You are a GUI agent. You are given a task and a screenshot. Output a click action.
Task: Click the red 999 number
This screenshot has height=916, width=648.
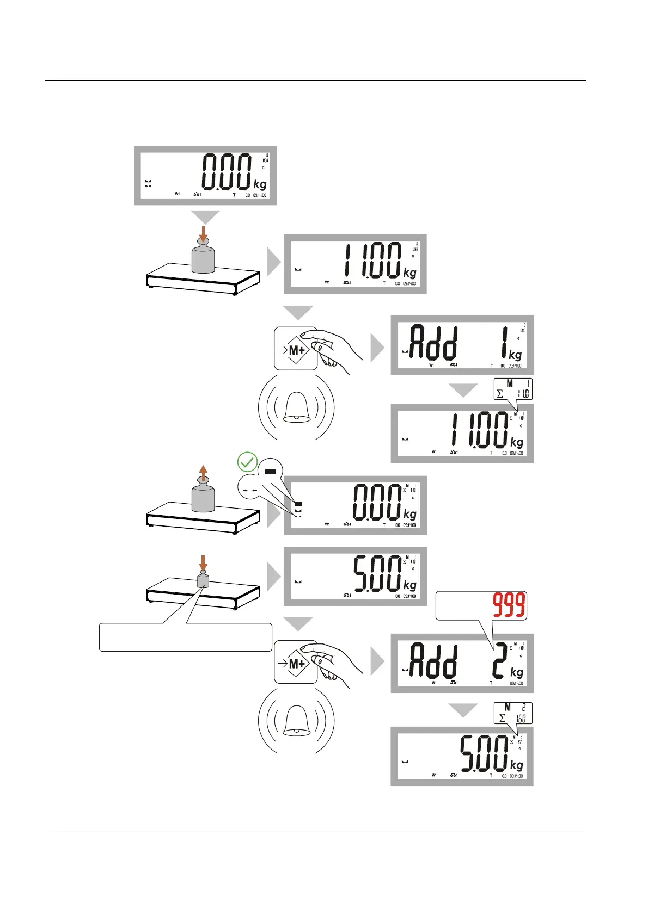click(x=509, y=605)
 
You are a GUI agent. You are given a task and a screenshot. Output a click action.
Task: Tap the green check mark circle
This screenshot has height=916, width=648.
click(x=247, y=462)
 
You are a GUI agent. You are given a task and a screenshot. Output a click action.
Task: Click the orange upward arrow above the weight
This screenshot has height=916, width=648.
click(x=203, y=474)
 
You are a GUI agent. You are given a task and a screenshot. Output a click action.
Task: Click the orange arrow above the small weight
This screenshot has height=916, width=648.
click(x=203, y=562)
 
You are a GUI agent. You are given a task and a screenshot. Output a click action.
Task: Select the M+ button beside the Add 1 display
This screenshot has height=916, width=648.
click(x=296, y=349)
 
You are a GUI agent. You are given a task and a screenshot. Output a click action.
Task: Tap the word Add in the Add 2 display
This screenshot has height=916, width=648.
click(x=433, y=660)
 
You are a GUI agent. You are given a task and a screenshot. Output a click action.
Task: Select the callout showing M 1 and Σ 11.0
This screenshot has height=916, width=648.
click(x=513, y=389)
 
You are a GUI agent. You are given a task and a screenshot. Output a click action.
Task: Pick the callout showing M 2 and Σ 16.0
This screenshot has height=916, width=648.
click(x=513, y=713)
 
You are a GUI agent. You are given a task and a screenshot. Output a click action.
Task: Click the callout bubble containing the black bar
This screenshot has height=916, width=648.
click(x=271, y=471)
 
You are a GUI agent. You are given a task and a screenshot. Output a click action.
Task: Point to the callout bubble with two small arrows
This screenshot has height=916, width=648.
click(x=249, y=490)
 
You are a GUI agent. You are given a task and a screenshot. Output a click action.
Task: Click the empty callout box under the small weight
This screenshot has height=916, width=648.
click(x=185, y=638)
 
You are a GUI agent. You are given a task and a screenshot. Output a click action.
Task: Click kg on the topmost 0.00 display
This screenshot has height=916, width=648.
click(x=260, y=184)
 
